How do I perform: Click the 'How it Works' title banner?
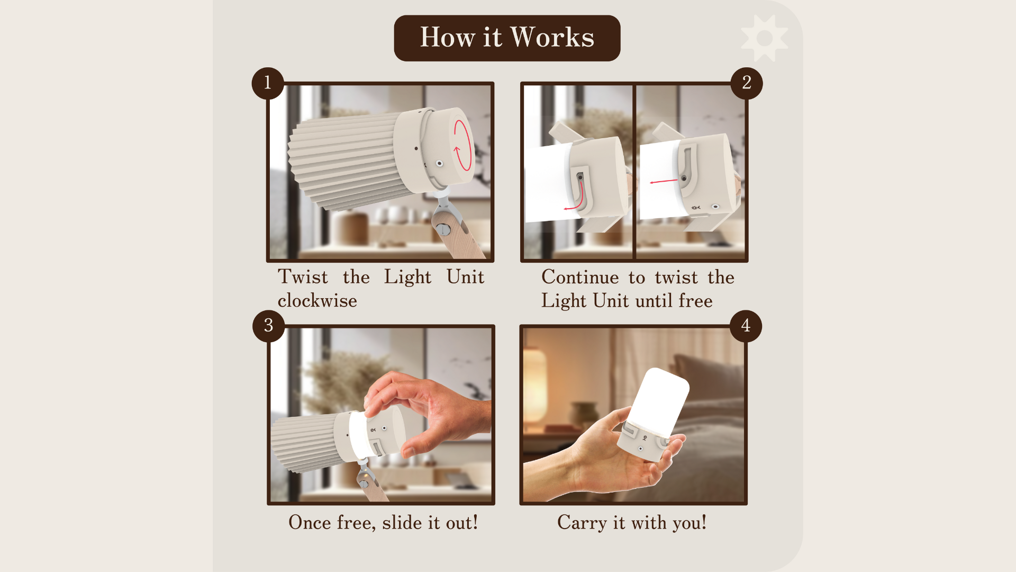(507, 38)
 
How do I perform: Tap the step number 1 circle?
(268, 83)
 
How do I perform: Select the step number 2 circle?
(746, 83)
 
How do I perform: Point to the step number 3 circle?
(268, 326)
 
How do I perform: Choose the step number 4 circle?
(746, 326)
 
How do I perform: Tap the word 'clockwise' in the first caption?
(317, 301)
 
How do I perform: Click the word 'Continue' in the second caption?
(580, 277)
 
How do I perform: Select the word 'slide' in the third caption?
(402, 523)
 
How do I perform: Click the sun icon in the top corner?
(764, 38)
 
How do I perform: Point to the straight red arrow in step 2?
(664, 181)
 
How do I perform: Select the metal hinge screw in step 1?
(443, 229)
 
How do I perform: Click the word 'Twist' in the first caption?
(303, 277)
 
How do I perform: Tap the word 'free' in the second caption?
(695, 301)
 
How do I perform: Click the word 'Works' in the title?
(552, 37)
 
